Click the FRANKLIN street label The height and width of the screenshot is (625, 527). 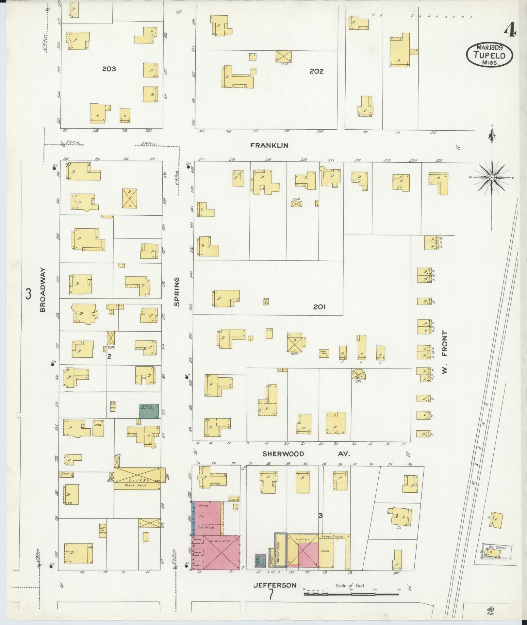coord(269,145)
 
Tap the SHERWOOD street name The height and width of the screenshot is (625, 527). coord(283,454)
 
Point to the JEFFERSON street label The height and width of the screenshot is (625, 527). coord(275,585)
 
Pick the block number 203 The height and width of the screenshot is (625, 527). coord(109,69)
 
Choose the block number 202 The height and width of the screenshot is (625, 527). coord(316,71)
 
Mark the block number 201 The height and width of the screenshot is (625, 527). coord(319,307)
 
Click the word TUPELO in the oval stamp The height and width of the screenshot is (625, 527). coord(489,56)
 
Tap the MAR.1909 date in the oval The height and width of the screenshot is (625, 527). coord(489,47)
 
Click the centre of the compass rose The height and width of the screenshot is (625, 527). coord(491,177)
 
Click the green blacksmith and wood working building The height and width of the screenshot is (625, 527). coord(149,411)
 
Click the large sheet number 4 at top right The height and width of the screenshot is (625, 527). coord(510,31)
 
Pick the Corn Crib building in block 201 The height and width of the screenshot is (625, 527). coord(324,353)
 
